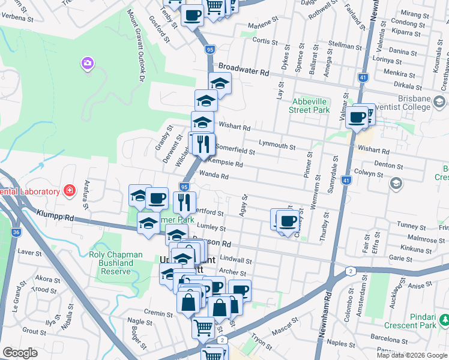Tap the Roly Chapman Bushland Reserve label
(x=107, y=263)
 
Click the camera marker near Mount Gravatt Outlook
(x=88, y=64)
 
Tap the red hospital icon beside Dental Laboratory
(x=70, y=191)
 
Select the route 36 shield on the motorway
(x=16, y=231)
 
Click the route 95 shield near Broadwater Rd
(x=209, y=50)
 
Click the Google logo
(x=20, y=353)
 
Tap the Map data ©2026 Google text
(x=412, y=355)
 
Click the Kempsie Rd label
(x=225, y=163)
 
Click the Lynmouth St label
(x=277, y=145)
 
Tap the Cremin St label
(x=158, y=313)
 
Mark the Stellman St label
(x=346, y=46)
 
